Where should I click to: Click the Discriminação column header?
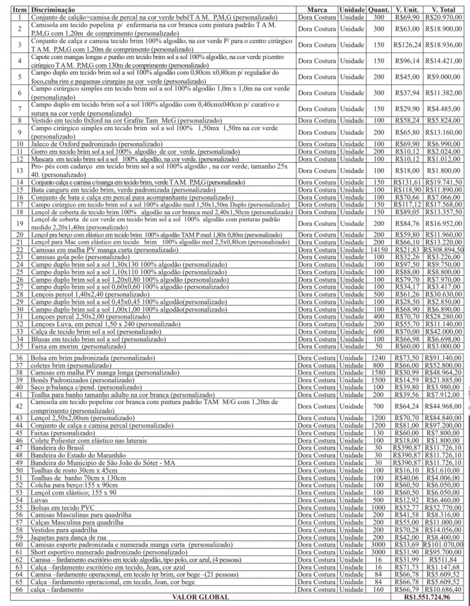(53, 10)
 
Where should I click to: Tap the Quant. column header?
(378, 10)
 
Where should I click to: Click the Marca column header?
(317, 10)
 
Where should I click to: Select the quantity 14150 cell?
(378, 250)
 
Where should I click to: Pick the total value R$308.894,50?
(444, 250)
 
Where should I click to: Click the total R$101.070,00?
(444, 544)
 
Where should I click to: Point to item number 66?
(20, 590)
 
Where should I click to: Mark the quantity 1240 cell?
(378, 358)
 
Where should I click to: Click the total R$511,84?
(444, 559)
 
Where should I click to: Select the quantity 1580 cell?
(378, 372)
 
